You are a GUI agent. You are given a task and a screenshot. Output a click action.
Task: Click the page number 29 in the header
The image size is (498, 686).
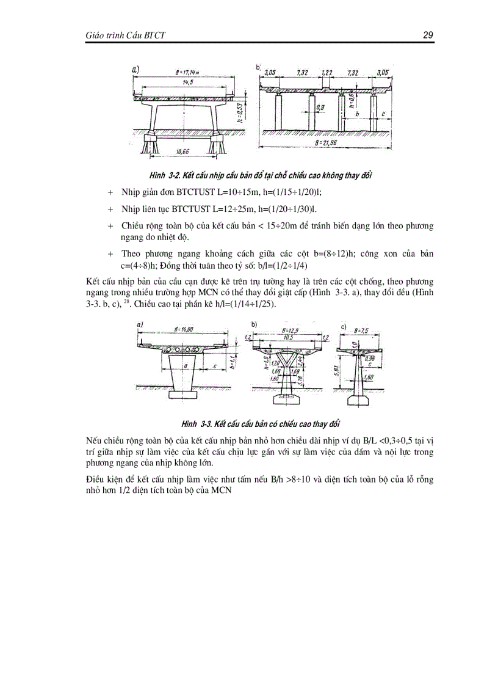pos(428,35)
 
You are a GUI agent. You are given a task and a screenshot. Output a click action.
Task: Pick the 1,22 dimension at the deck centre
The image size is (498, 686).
pos(328,73)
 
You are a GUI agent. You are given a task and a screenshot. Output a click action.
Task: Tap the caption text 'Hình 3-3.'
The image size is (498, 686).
pos(195,423)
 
